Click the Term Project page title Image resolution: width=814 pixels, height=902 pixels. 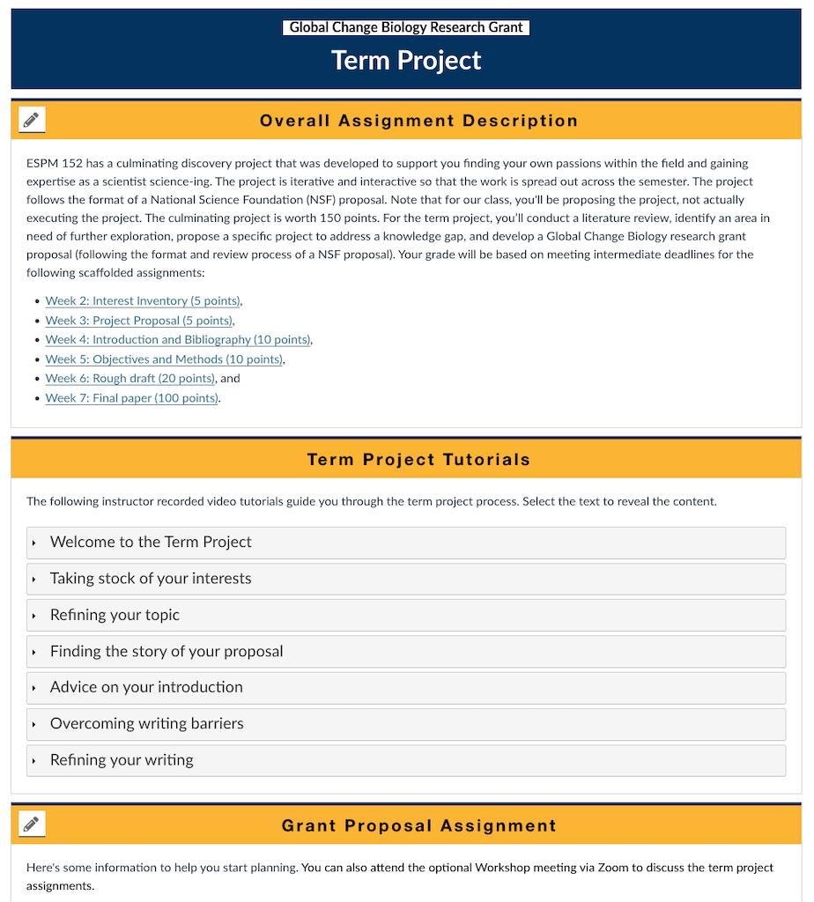[406, 60]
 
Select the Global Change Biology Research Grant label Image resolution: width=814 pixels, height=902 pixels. [406, 27]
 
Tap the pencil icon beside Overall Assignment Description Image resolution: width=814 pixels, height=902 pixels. [32, 120]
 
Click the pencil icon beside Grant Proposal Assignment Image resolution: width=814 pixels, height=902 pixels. [32, 824]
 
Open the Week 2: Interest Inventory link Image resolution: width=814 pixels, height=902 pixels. [143, 301]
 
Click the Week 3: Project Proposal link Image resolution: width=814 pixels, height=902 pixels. [139, 321]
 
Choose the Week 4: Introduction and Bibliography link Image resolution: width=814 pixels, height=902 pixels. [178, 340]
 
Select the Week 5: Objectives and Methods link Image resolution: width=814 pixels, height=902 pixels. [164, 359]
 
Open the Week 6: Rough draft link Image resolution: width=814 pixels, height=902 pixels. [130, 379]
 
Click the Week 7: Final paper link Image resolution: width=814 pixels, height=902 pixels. [132, 398]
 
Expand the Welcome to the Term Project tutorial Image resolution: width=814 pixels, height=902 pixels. [151, 543]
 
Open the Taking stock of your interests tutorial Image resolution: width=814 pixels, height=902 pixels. [151, 579]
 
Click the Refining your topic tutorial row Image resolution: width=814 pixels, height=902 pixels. [115, 615]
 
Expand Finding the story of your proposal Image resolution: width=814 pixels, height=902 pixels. [166, 652]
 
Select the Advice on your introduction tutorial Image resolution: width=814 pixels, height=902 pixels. [146, 687]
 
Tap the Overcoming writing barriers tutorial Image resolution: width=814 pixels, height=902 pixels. [147, 724]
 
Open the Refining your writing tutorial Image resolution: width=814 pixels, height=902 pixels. [122, 760]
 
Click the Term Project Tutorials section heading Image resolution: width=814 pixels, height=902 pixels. [418, 459]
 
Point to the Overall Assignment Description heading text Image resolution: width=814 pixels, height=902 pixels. [418, 121]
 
